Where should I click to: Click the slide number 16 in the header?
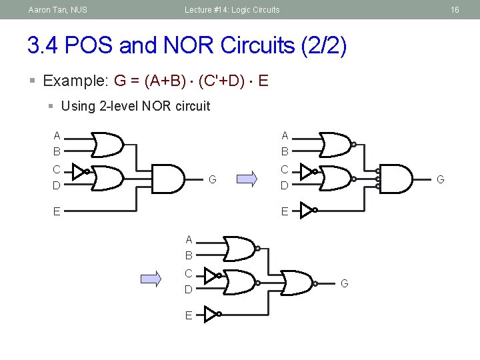click(455, 10)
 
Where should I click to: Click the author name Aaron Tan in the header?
click(57, 10)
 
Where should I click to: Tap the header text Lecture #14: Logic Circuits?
click(232, 10)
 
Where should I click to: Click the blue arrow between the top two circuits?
click(247, 179)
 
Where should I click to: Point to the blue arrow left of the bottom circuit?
click(151, 279)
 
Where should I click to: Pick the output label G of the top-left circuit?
click(212, 179)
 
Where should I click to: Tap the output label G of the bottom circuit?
click(345, 283)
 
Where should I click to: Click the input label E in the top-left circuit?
click(57, 212)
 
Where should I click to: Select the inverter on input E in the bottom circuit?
click(211, 313)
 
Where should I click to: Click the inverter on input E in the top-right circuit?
click(307, 211)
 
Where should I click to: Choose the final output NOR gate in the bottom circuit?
click(297, 283)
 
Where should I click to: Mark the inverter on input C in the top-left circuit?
click(79, 171)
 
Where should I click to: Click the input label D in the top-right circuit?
click(285, 186)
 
